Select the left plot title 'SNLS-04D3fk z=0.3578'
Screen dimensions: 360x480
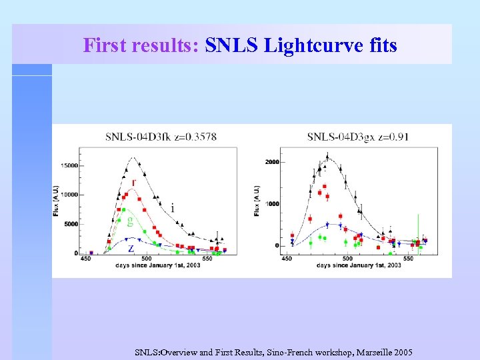point(161,137)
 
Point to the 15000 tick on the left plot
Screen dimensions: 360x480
point(69,165)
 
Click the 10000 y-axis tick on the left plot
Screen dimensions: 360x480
point(69,195)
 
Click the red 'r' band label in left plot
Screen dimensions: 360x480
point(135,182)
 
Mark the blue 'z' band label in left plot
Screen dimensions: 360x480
point(131,247)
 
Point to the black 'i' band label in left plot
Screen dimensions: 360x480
point(173,208)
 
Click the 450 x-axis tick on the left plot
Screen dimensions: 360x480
point(86,259)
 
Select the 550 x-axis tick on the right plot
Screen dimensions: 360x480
point(409,259)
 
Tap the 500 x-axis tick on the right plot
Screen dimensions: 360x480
point(348,259)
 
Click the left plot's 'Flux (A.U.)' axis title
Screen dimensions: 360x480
point(56,200)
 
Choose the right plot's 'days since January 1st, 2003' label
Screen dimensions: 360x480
point(359,265)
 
